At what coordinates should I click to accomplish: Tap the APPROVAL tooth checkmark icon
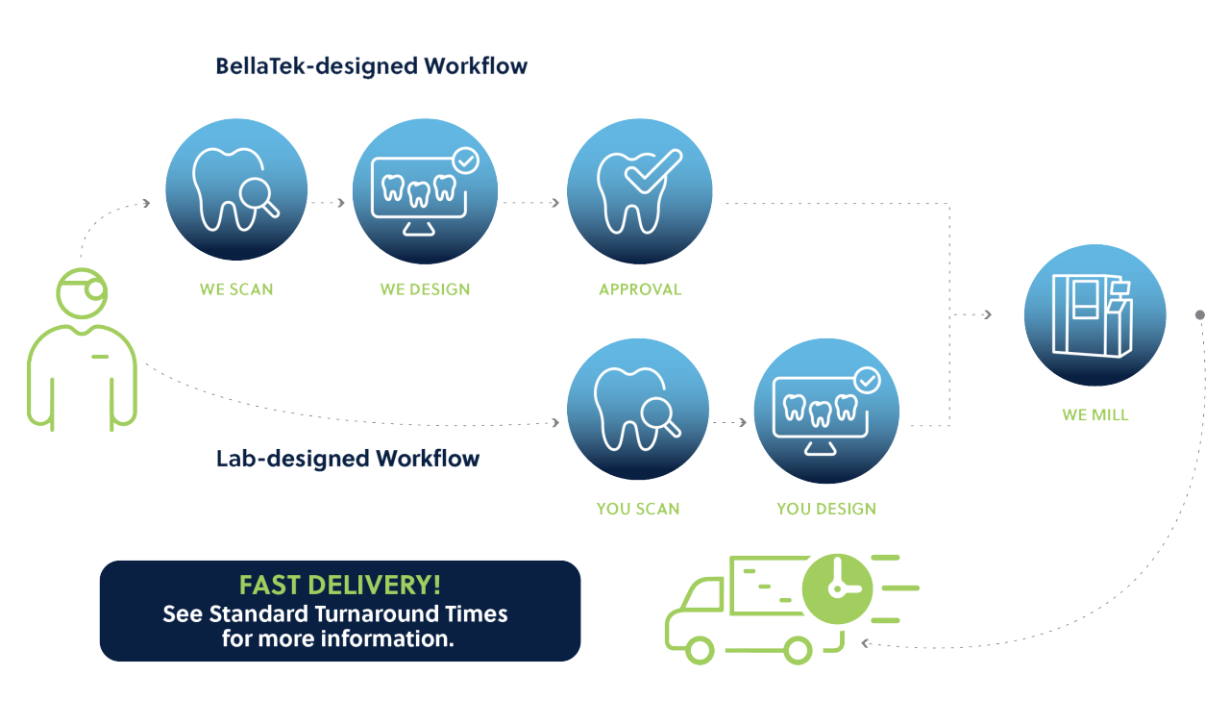(x=639, y=190)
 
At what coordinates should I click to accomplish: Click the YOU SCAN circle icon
(x=638, y=408)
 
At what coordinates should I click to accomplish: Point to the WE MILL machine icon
(x=1095, y=315)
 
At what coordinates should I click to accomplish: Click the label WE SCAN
(x=236, y=289)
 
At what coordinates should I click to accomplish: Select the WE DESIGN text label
(x=425, y=289)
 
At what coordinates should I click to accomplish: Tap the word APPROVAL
(x=640, y=289)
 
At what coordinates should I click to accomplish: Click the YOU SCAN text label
(x=638, y=509)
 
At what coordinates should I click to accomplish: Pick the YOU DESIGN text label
(x=826, y=509)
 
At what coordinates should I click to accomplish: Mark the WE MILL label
(x=1095, y=415)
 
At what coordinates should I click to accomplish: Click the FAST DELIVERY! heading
(x=340, y=586)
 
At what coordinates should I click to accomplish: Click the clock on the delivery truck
(x=837, y=587)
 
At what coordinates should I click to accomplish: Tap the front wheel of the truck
(x=700, y=651)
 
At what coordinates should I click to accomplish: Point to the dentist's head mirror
(x=93, y=289)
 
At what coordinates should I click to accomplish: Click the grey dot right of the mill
(x=1199, y=314)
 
